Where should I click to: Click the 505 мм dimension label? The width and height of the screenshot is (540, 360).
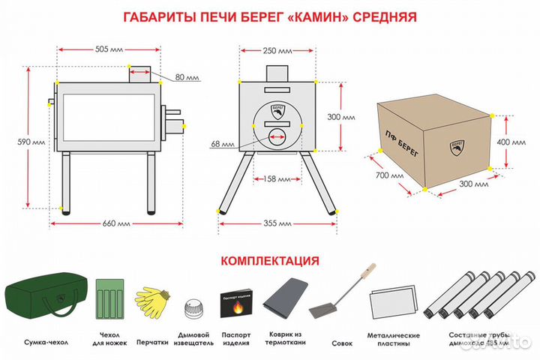tap(110, 51)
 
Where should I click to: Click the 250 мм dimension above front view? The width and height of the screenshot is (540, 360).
tap(278, 52)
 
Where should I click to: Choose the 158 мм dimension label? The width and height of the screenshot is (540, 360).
tap(278, 178)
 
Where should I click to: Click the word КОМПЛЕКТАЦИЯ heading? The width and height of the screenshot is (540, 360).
tap(269, 261)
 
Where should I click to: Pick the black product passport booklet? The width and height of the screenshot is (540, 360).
tap(240, 304)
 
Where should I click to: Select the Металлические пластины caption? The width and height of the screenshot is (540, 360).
tap(394, 340)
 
